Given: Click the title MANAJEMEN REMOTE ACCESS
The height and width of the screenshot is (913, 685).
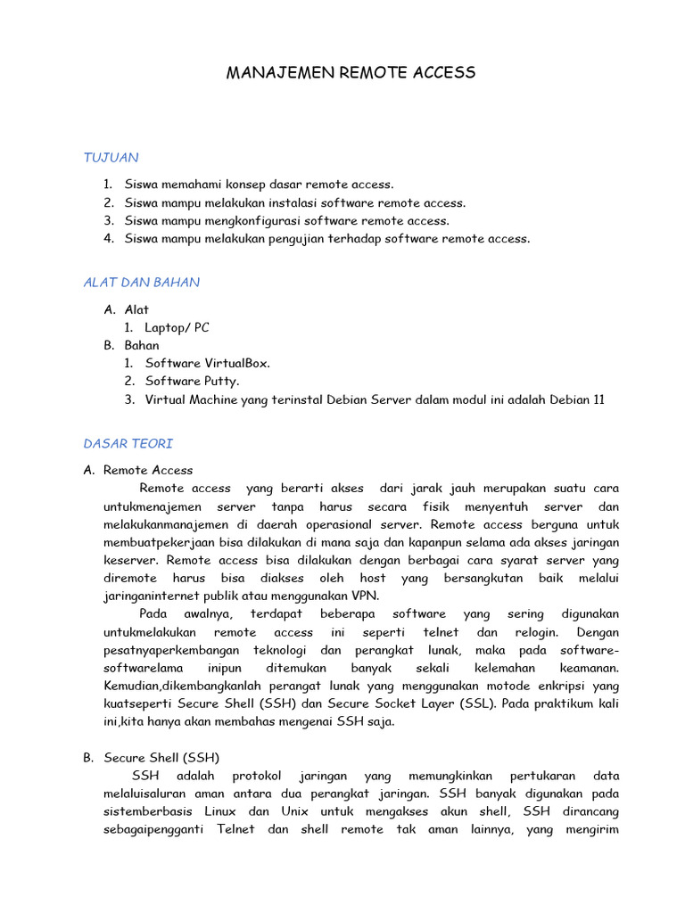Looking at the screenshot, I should tap(350, 73).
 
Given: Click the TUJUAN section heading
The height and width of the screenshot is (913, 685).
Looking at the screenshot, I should tap(111, 158).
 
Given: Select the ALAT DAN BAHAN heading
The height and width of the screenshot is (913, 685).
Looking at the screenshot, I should tap(141, 283).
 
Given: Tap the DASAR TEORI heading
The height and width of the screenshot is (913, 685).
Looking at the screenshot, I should tap(128, 443).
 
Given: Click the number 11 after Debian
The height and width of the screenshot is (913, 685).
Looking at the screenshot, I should tap(598, 399).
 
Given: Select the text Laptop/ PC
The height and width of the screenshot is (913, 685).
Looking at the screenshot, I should tap(177, 327).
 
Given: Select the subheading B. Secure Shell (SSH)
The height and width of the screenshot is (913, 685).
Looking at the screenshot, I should tap(151, 758).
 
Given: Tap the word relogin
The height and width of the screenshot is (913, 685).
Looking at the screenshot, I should tap(534, 632).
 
